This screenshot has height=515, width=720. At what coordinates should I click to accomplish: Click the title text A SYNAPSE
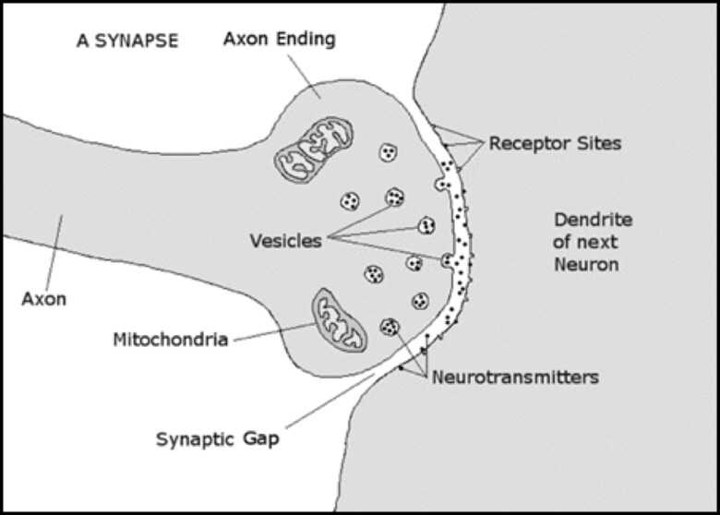pos(127,41)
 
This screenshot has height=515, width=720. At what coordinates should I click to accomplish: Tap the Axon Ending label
pos(279,40)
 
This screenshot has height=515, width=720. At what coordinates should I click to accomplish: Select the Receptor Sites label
pos(555,144)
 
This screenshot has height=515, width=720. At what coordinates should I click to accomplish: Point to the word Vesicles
pos(285,241)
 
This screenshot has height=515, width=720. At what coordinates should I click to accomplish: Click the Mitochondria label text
pos(171,340)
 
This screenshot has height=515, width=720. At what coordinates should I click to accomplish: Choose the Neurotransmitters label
pos(516,377)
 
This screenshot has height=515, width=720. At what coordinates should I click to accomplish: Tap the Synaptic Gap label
pos(218,439)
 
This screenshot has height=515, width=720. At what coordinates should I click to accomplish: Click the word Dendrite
pos(594,220)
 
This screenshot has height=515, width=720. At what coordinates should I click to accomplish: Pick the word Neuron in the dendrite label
pos(586,265)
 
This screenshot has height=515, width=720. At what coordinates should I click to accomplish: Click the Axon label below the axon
pos(44,299)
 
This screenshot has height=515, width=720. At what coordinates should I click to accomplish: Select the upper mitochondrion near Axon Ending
pos(314,150)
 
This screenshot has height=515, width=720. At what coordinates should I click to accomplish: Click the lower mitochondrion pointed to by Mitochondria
pos(340,320)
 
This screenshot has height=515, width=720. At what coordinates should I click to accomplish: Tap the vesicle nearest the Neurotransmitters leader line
pos(390,328)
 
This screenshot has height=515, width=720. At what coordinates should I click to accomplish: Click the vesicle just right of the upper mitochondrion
pos(389,152)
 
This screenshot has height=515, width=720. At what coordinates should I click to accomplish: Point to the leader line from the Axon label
pos(54,253)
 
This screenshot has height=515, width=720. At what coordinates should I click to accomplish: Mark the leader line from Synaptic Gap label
pos(330,401)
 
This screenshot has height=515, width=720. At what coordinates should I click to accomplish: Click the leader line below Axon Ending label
pos(304,77)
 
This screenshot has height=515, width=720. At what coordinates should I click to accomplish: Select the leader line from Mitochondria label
pos(275,332)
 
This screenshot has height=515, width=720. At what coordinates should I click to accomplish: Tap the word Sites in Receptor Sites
pos(599,144)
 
